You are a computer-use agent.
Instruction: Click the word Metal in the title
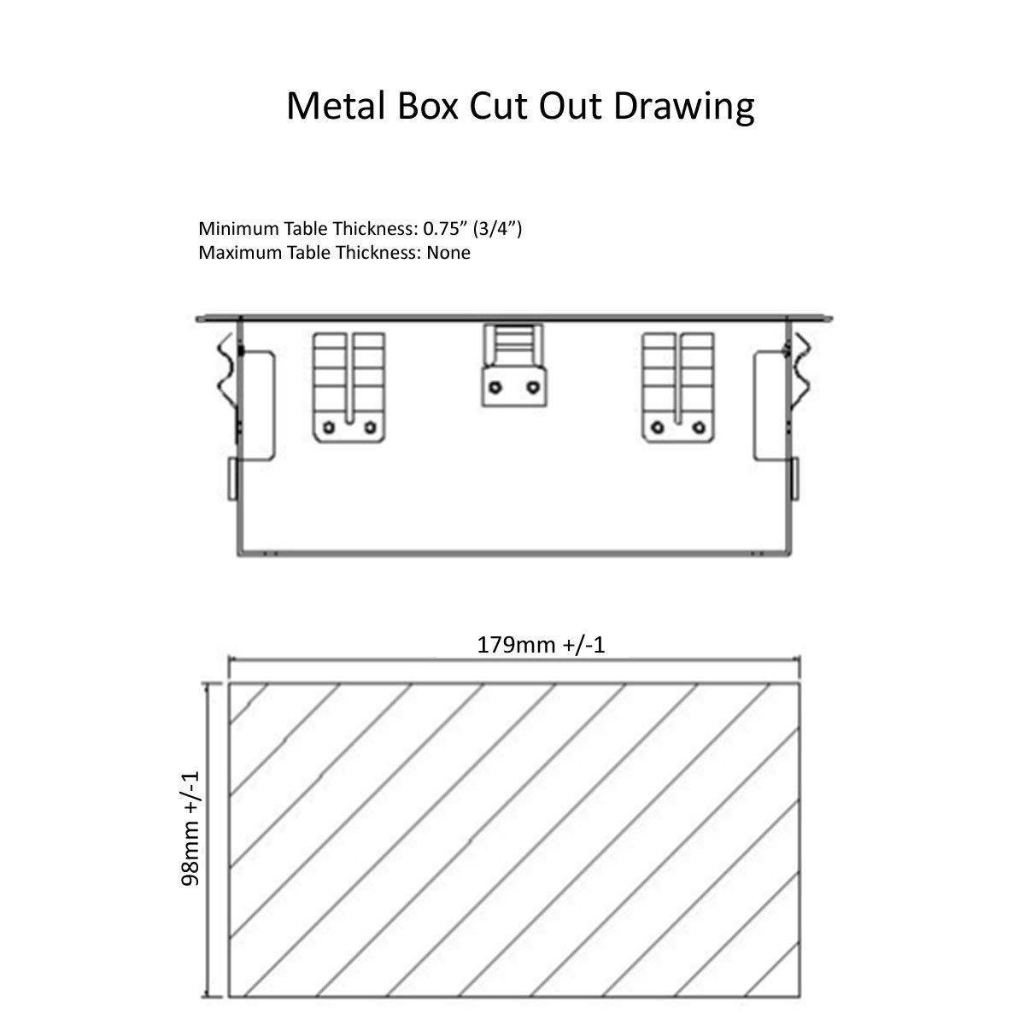336,106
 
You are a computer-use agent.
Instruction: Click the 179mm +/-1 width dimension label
541,645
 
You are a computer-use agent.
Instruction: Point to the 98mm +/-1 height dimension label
190,829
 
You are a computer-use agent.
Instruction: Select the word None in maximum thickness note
448,252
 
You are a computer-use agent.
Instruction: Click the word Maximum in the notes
239,252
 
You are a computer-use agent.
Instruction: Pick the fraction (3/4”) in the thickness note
497,229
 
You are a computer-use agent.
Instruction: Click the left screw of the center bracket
495,387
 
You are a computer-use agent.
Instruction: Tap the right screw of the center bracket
533,387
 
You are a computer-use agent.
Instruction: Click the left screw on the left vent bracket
329,427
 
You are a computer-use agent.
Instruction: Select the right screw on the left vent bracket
370,427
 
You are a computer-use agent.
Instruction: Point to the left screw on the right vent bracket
659,427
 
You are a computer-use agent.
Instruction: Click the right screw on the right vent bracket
700,427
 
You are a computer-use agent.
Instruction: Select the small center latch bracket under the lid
514,366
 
